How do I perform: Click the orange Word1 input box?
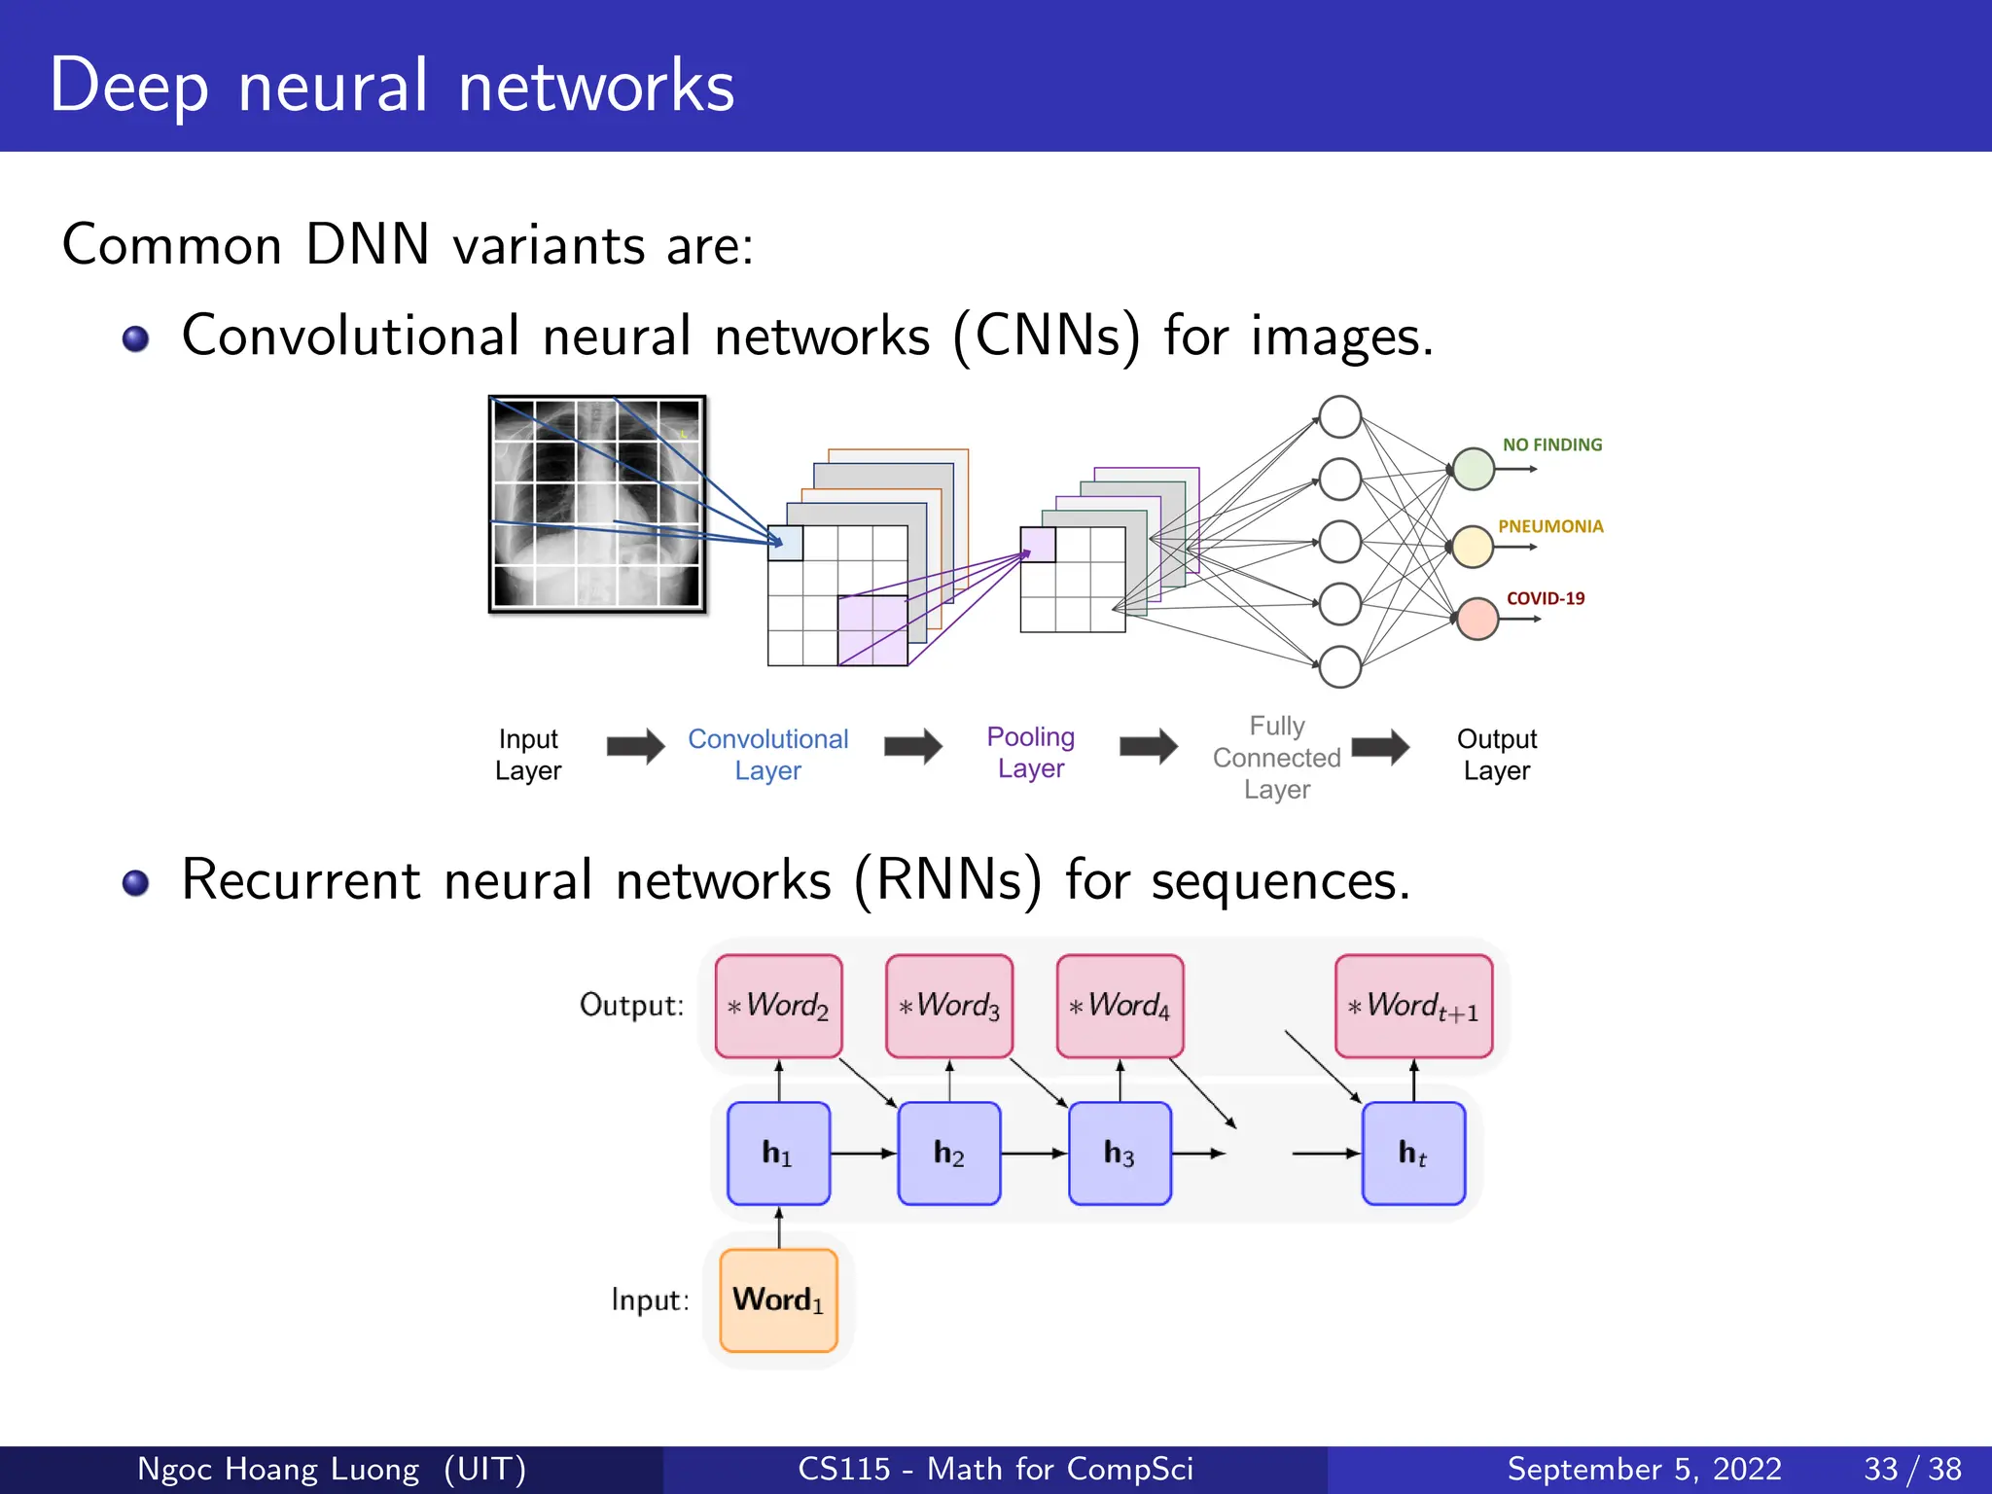pyautogui.click(x=778, y=1300)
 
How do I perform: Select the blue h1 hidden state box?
pyautogui.click(x=778, y=1154)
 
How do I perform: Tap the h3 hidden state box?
pyautogui.click(x=1120, y=1154)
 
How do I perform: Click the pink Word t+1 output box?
pyautogui.click(x=1413, y=1006)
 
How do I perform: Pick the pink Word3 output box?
pyautogui.click(x=949, y=1006)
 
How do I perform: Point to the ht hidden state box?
pyautogui.click(x=1413, y=1154)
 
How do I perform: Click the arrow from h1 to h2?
pyautogui.click(x=864, y=1154)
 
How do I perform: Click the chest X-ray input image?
pyautogui.click(x=597, y=504)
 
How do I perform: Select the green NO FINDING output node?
pyautogui.click(x=1474, y=469)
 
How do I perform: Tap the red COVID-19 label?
pyautogui.click(x=1545, y=599)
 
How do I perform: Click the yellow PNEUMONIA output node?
pyautogui.click(x=1473, y=547)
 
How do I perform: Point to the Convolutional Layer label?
pyautogui.click(x=767, y=755)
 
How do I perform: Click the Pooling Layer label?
pyautogui.click(x=1030, y=752)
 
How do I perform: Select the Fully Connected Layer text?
pyautogui.click(x=1276, y=758)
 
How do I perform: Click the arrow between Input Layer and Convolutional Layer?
pyautogui.click(x=635, y=747)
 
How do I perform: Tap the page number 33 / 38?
pyautogui.click(x=1911, y=1469)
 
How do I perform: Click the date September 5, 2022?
pyautogui.click(x=1644, y=1469)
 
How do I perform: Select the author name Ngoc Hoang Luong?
pyautogui.click(x=278, y=1469)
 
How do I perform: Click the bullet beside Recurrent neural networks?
pyautogui.click(x=136, y=882)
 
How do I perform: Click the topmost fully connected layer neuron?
pyautogui.click(x=1339, y=417)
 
